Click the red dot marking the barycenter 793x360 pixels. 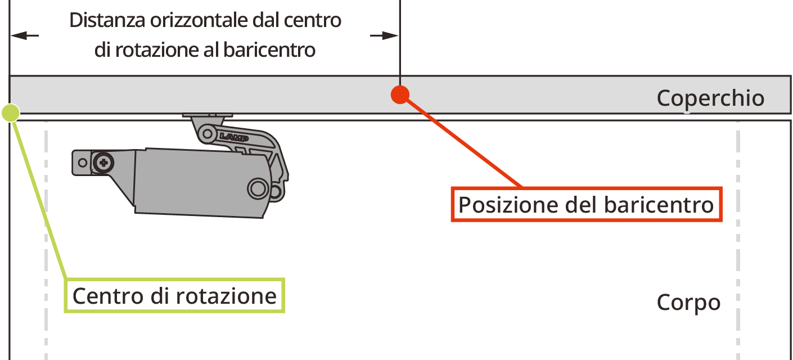click(399, 94)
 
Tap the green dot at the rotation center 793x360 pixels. click(11, 113)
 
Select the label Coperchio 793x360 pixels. click(710, 98)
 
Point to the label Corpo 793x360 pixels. click(688, 303)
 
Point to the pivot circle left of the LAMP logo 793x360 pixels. click(208, 134)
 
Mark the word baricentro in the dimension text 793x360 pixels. click(269, 50)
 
